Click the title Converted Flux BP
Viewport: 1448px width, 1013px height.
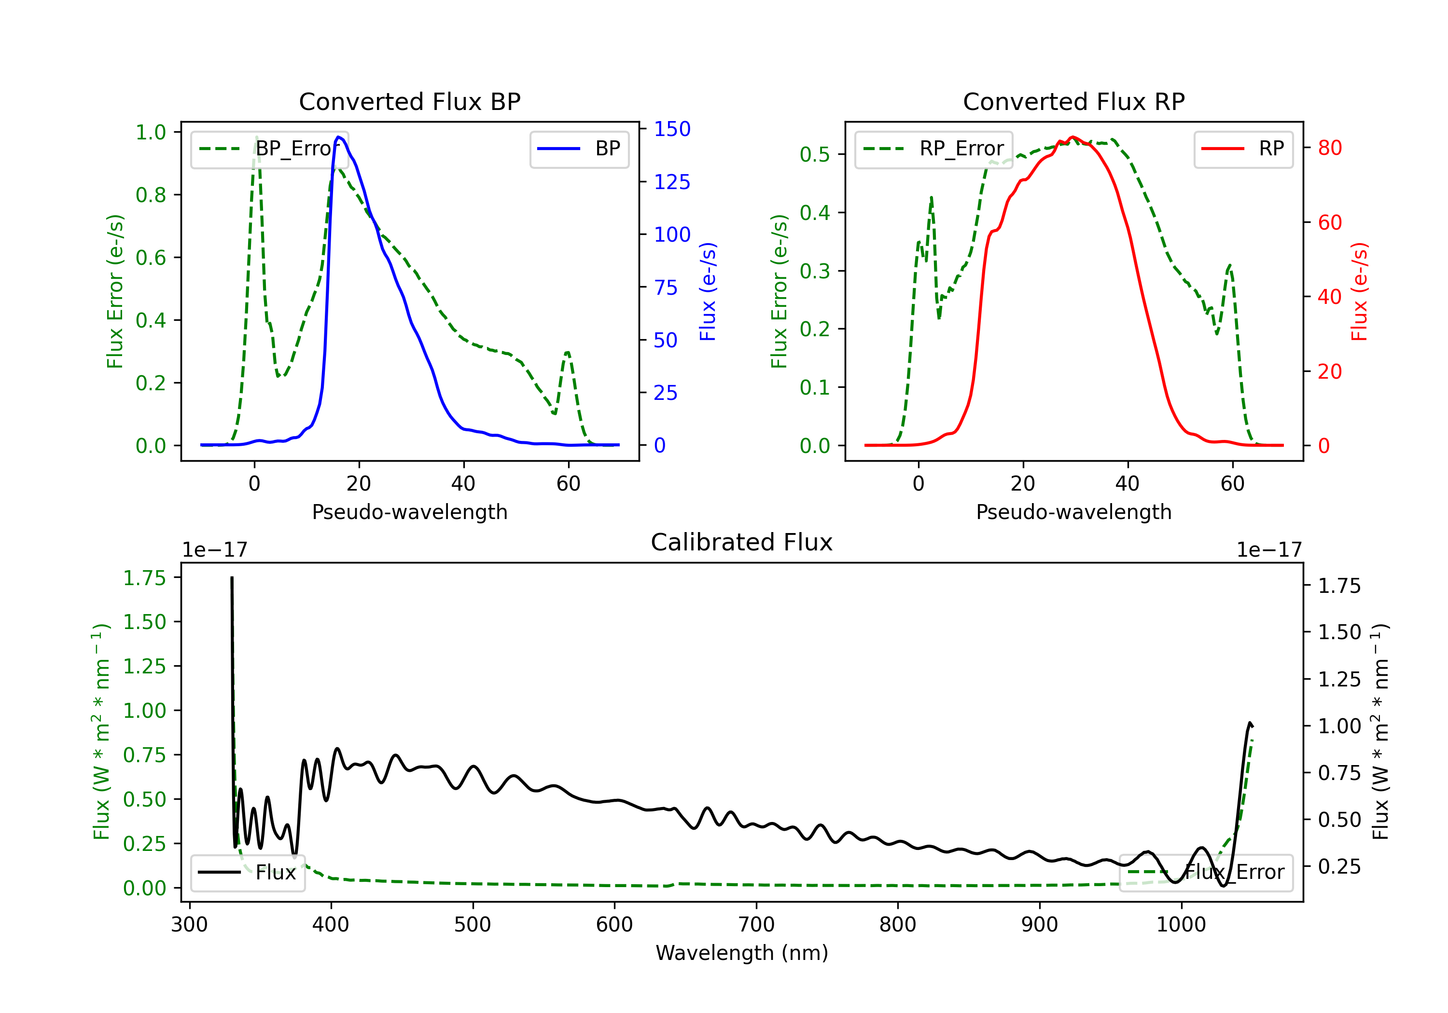click(x=409, y=101)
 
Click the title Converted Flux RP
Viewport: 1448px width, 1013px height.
click(x=1073, y=101)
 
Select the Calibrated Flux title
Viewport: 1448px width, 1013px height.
click(x=742, y=542)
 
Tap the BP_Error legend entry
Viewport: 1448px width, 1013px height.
click(x=270, y=149)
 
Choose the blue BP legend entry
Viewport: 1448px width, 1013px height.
click(x=579, y=149)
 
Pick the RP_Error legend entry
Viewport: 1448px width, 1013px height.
click(x=933, y=149)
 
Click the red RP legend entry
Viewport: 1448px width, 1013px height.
click(x=1243, y=149)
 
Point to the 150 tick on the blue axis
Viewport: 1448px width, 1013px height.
click(x=672, y=129)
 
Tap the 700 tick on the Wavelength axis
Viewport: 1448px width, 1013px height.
click(x=756, y=925)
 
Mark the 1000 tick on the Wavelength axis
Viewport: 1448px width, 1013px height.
click(x=1181, y=925)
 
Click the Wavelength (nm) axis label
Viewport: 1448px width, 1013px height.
click(x=742, y=953)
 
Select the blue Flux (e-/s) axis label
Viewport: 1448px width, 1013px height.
click(x=708, y=291)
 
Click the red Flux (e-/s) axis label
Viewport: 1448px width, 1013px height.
click(x=1359, y=291)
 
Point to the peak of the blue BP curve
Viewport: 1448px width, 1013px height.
click(x=339, y=137)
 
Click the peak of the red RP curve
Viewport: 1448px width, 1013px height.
click(x=1073, y=137)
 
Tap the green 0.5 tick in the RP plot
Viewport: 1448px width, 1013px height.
click(x=815, y=154)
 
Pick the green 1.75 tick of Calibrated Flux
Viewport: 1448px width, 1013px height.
click(x=144, y=578)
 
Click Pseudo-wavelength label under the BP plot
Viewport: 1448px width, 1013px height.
click(x=410, y=512)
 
